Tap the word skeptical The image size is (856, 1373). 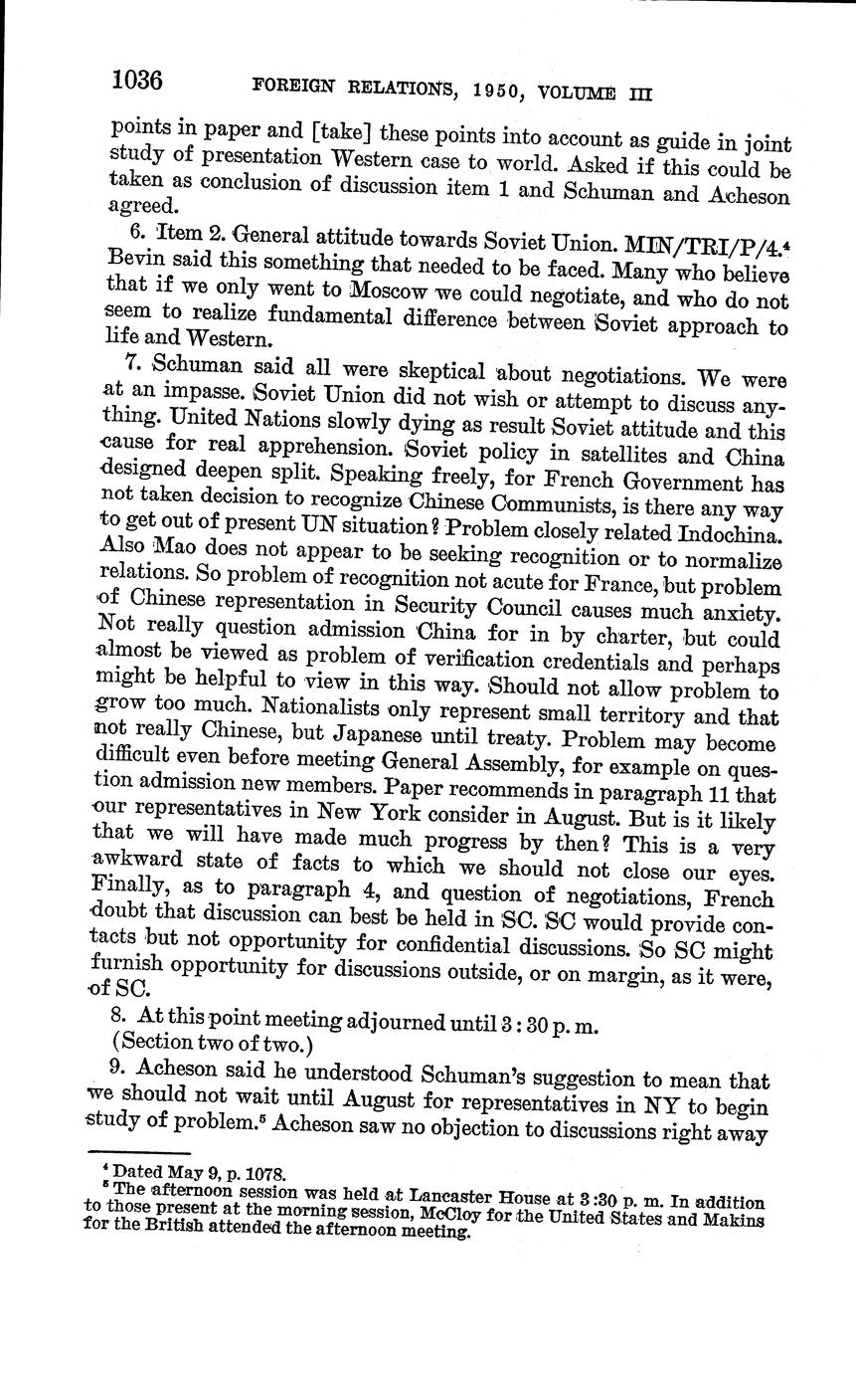pyautogui.click(x=405, y=372)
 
